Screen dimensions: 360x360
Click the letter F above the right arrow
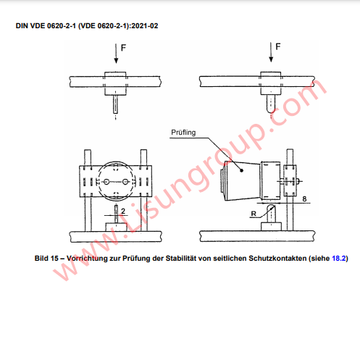click(x=279, y=47)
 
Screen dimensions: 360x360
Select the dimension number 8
click(x=304, y=198)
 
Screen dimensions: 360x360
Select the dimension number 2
click(x=124, y=210)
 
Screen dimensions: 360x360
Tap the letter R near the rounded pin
click(x=252, y=214)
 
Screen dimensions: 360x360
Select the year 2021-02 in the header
click(x=145, y=25)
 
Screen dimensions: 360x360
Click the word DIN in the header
click(x=22, y=25)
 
